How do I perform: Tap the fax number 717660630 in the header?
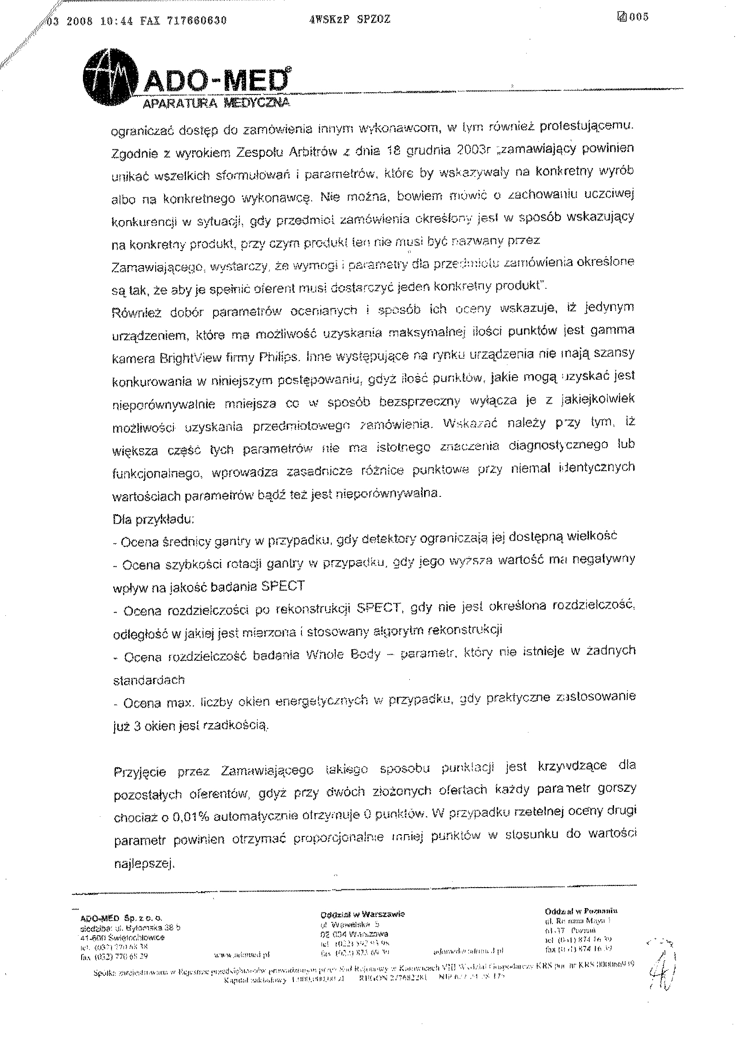(198, 20)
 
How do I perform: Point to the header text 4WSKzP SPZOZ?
(350, 20)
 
